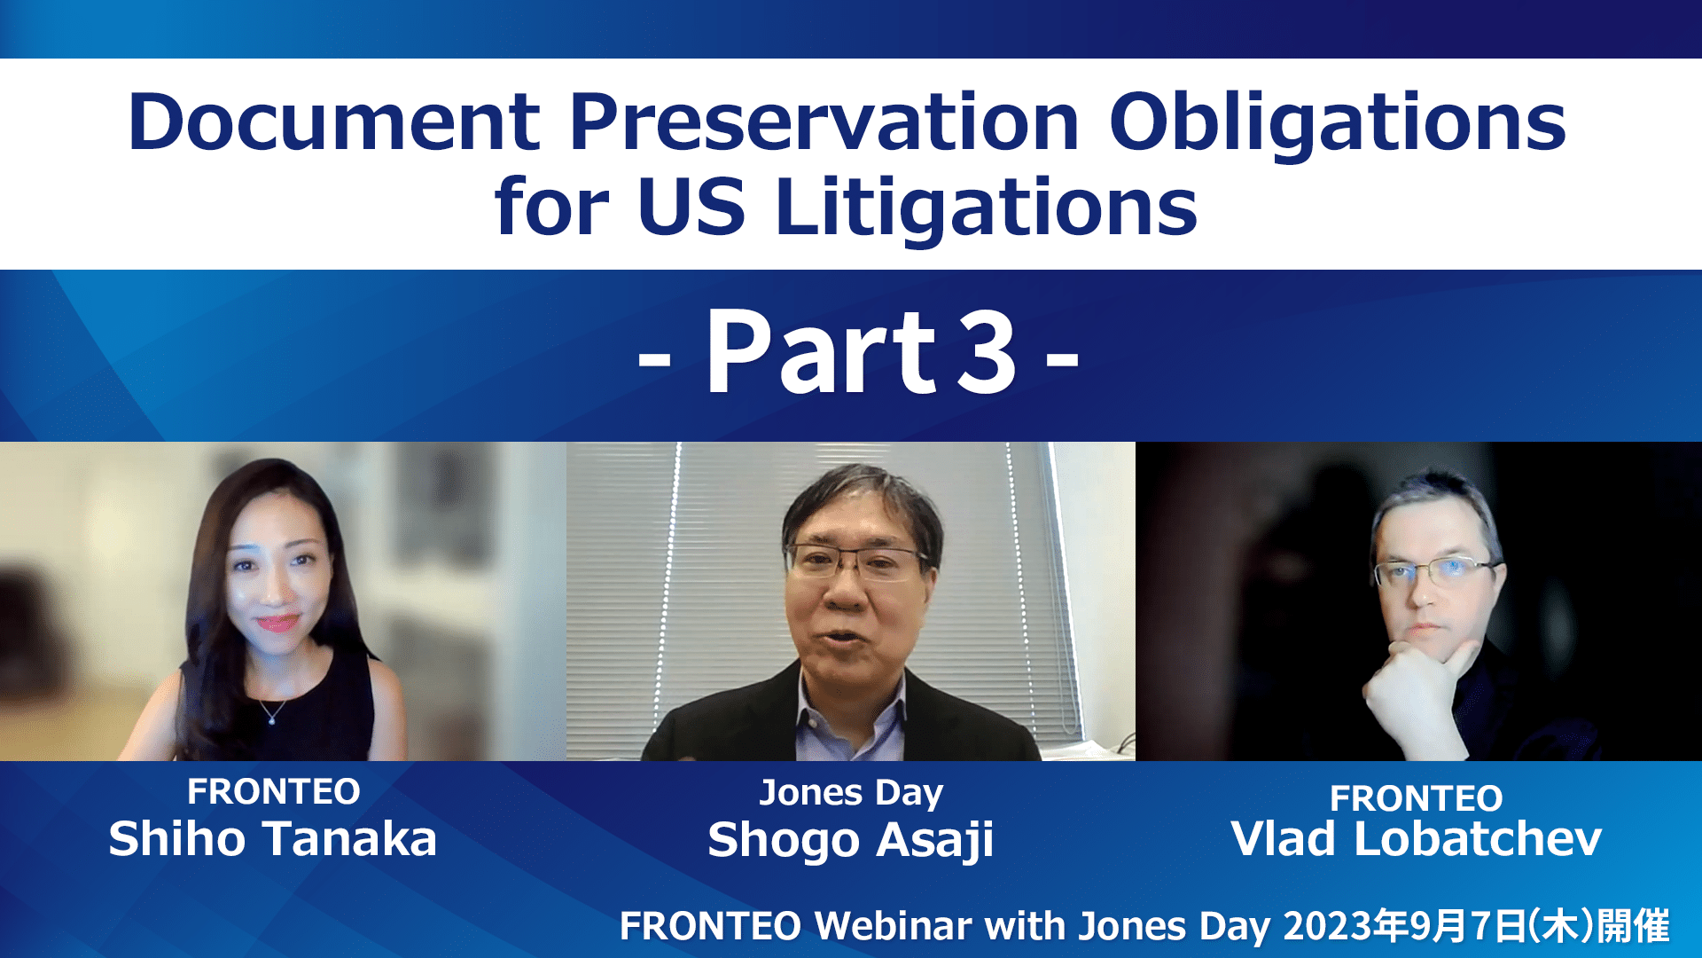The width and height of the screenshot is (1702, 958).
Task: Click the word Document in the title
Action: coord(334,122)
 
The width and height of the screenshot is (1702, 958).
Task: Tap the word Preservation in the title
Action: coord(824,122)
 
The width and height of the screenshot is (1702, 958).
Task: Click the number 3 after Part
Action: coord(987,353)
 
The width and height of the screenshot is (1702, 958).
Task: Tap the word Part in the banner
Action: coord(821,351)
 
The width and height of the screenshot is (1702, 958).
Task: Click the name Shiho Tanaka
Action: coord(273,839)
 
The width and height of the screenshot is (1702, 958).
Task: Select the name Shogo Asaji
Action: coord(850,841)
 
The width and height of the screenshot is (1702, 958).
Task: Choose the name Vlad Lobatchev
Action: coord(1416,839)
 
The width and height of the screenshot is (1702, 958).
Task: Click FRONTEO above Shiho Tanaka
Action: coord(274,791)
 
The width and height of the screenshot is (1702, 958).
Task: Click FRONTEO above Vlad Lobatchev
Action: coord(1416,798)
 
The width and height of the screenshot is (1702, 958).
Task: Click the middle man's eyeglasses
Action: coord(856,560)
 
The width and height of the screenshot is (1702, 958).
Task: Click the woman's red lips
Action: coord(277,623)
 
